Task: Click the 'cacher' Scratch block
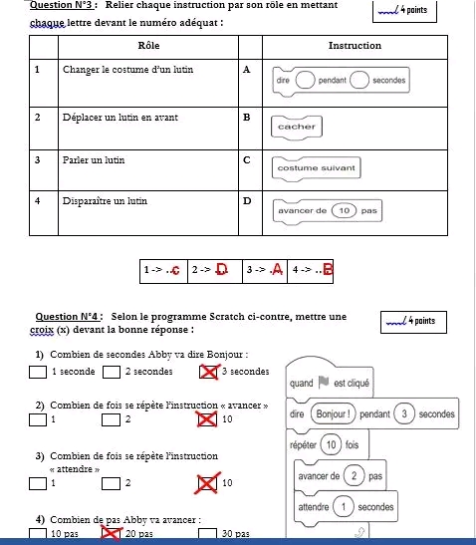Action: click(297, 128)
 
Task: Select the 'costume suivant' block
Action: click(317, 168)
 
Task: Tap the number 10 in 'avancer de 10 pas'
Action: click(344, 210)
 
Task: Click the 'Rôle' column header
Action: click(148, 46)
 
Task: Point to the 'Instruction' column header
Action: click(355, 46)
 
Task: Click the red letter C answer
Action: click(176, 270)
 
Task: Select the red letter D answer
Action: click(222, 269)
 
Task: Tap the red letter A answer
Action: click(277, 269)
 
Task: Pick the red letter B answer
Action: click(328, 269)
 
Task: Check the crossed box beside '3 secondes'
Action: click(209, 372)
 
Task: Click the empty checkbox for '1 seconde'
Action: click(38, 372)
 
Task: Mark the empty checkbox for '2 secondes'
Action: click(112, 372)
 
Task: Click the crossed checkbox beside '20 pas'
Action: click(111, 533)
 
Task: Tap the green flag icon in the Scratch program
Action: click(324, 382)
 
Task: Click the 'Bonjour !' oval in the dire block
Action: click(334, 413)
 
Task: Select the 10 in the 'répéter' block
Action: click(331, 445)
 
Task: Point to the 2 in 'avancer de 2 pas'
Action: click(354, 476)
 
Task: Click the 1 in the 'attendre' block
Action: click(344, 507)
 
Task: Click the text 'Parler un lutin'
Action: click(94, 160)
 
